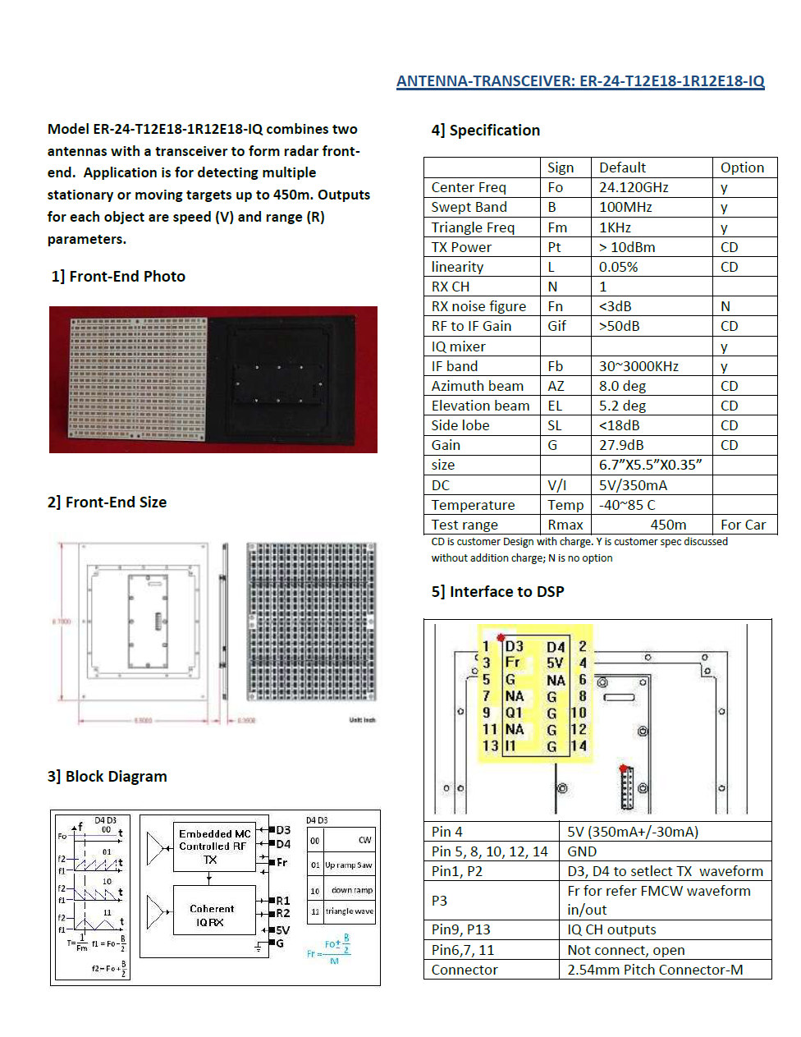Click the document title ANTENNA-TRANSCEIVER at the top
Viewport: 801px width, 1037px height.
tap(580, 81)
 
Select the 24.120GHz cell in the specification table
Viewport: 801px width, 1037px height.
tap(634, 187)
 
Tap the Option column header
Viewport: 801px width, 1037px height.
tap(742, 167)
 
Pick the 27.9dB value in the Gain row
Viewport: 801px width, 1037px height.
tap(621, 445)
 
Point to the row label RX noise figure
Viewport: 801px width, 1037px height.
tap(478, 306)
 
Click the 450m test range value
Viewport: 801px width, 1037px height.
tap(668, 525)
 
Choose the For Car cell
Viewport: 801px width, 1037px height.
tap(743, 525)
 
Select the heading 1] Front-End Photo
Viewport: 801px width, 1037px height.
tap(118, 277)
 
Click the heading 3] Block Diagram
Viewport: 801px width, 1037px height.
tap(108, 777)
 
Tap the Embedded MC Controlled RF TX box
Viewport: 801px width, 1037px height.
tap(214, 847)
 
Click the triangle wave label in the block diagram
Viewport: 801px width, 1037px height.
tap(349, 911)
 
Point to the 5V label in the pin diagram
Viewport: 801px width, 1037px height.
tap(556, 663)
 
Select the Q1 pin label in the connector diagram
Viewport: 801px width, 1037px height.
tap(514, 713)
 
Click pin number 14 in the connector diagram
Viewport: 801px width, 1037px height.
tap(579, 746)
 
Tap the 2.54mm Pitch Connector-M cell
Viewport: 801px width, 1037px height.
tap(655, 970)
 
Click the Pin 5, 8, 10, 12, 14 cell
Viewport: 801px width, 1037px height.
tap(490, 851)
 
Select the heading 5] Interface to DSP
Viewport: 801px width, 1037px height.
tap(498, 592)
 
